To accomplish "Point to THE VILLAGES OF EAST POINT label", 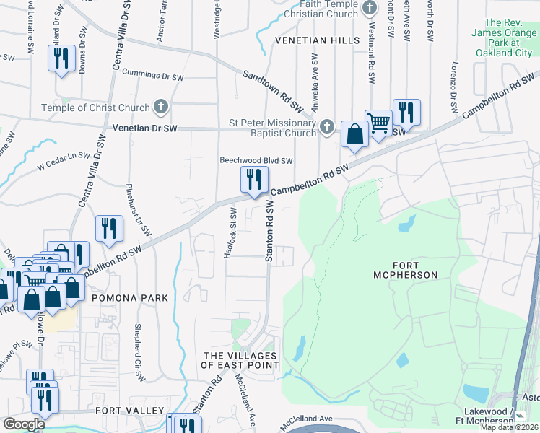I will click(240, 361).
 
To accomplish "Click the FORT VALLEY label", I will click(130, 410).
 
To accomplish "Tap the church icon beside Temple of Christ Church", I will click(161, 108).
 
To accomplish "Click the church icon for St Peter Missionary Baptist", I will click(327, 127).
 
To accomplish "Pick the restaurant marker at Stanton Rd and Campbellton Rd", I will click(253, 180).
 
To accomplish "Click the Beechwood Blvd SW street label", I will click(256, 161).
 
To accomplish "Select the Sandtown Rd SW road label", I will click(272, 91).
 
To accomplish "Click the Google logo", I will click(24, 424).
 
